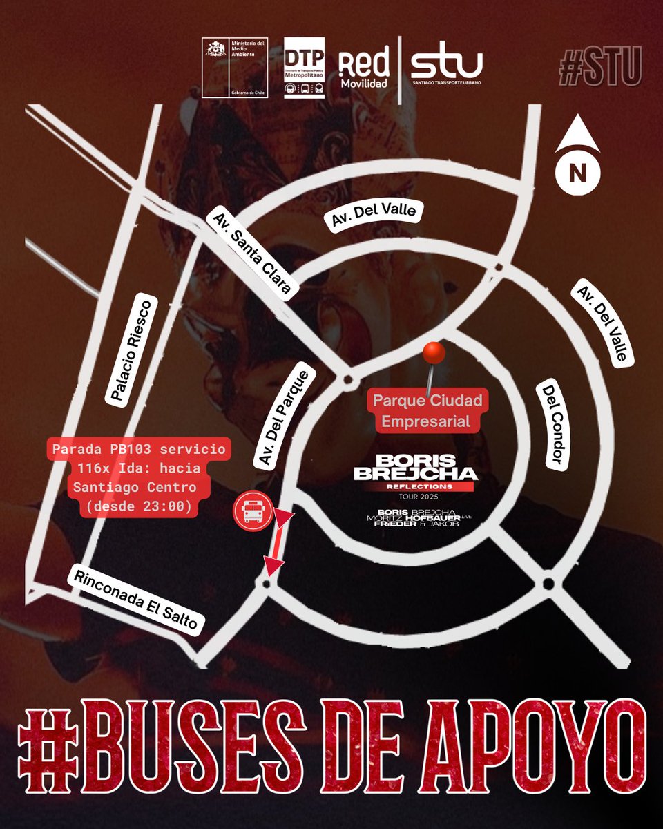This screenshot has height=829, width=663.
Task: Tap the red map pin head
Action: coord(434,353)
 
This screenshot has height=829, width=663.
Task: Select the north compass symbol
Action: coord(577,162)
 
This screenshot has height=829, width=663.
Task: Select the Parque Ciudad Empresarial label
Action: coord(428,410)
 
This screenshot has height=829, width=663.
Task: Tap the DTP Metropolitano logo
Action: coord(305,68)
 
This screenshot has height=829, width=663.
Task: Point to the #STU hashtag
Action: coord(601,66)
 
